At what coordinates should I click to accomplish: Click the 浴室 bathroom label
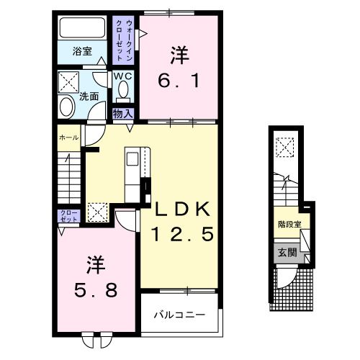(x=82, y=52)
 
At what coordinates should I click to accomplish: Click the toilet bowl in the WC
(x=122, y=90)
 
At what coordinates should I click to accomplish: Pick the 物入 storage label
(x=121, y=113)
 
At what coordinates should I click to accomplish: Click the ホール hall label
(x=68, y=137)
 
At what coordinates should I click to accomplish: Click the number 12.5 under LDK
(x=181, y=234)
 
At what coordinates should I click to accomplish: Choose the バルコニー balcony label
(x=180, y=315)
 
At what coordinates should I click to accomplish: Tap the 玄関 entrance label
(x=288, y=252)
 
